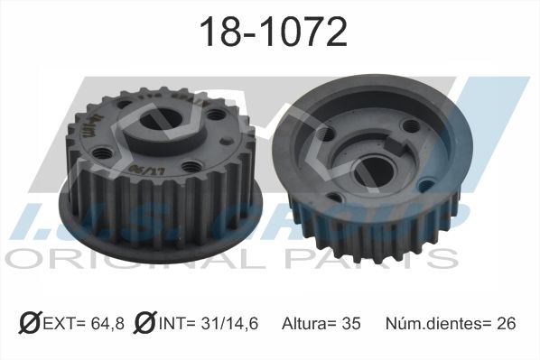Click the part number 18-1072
point(272,32)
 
